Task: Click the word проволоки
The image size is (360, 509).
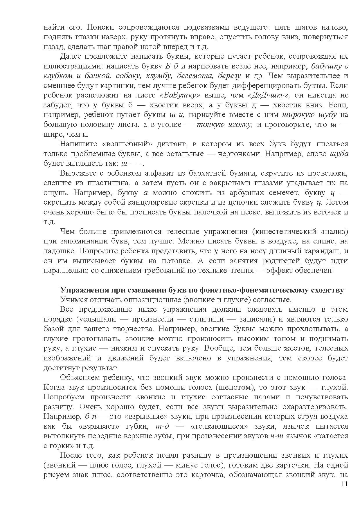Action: click(x=330, y=173)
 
